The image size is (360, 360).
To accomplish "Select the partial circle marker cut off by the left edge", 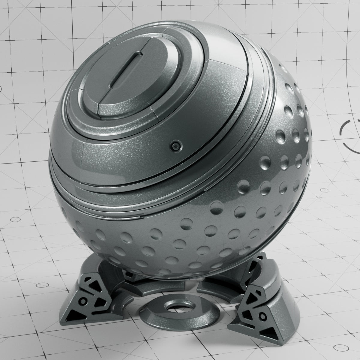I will click(1, 88).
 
